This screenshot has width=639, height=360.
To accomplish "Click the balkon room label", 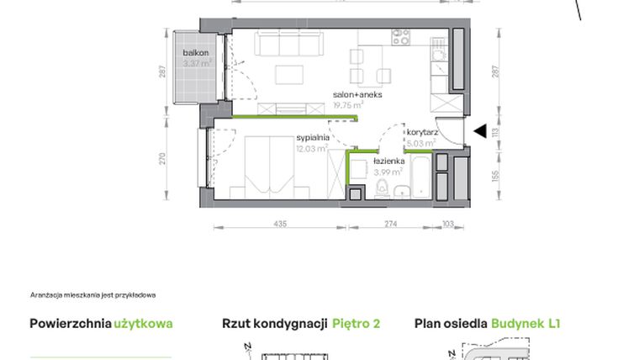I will coord(196,53).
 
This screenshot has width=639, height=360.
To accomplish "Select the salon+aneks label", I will coord(357,95).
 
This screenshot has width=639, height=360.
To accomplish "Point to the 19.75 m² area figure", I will coord(348,105).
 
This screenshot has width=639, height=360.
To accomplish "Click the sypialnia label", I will coord(311,138).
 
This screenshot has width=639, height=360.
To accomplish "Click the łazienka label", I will coord(389,161).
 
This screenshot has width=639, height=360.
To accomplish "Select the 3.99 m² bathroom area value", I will coord(388,172).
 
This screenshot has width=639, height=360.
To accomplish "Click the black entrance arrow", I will coord(480,130).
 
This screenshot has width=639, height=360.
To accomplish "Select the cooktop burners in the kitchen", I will coord(400,37).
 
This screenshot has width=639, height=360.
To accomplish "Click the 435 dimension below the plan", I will coord(280,224).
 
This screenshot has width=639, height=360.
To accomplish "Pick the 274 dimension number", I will coord(390,224).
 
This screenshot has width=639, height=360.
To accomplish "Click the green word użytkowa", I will coord(144,323).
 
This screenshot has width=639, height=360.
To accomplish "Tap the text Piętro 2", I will coord(356,323).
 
